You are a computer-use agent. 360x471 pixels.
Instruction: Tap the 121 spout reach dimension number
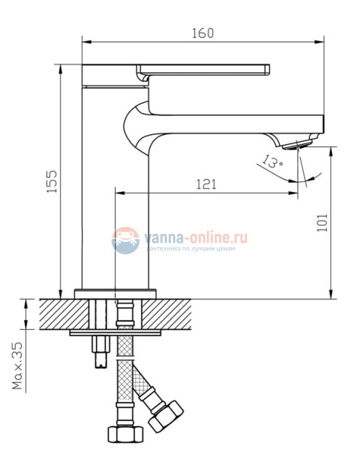(206, 184)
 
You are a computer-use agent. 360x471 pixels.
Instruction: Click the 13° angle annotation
(273, 162)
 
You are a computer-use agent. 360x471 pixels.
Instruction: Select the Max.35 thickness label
(17, 366)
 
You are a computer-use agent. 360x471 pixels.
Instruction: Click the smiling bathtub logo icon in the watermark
(125, 240)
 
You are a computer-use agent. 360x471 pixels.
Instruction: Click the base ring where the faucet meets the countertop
(116, 293)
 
